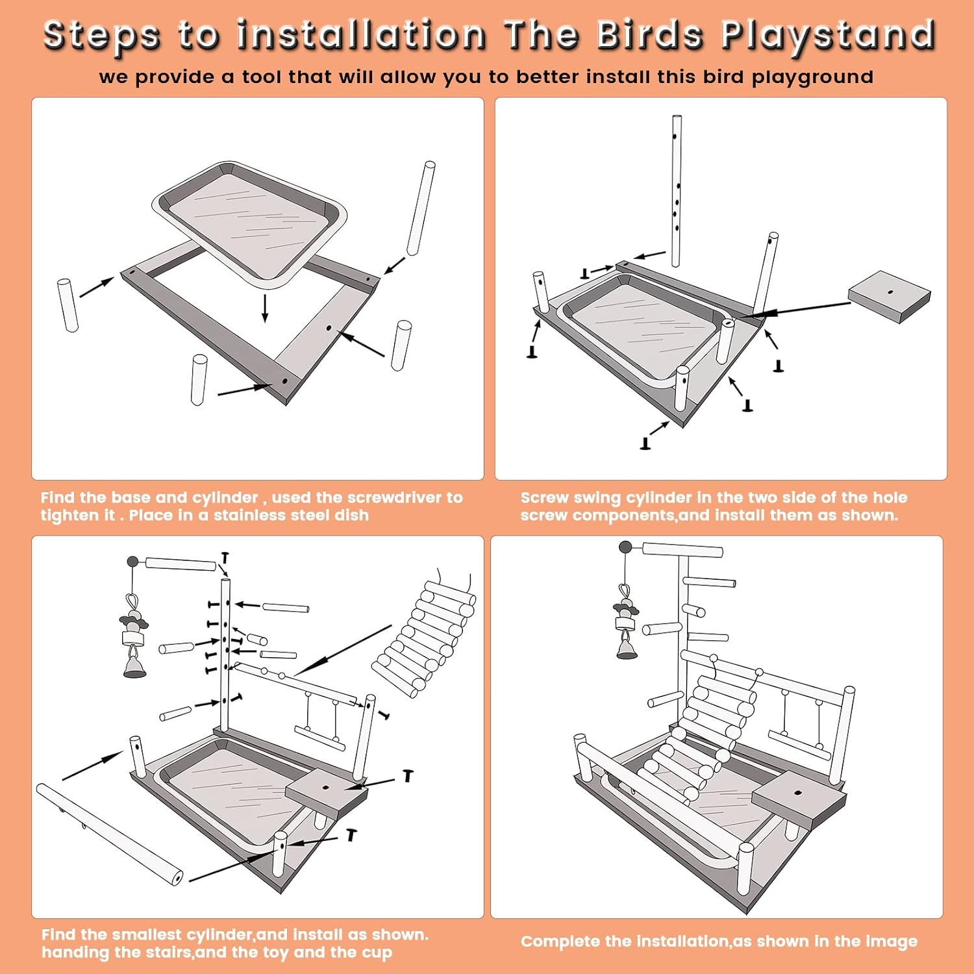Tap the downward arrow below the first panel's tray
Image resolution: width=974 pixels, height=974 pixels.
coord(264,308)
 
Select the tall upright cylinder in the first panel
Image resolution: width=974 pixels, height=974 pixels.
coord(421,208)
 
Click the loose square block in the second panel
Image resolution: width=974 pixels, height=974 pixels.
coord(889,296)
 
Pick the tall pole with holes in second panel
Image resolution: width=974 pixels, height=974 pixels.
coord(676,191)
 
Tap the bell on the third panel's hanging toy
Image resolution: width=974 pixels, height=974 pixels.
coord(134,666)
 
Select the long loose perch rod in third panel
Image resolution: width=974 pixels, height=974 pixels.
coord(109,834)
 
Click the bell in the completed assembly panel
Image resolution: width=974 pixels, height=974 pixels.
coord(627,648)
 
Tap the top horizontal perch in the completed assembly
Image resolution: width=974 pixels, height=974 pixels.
coord(682,551)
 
